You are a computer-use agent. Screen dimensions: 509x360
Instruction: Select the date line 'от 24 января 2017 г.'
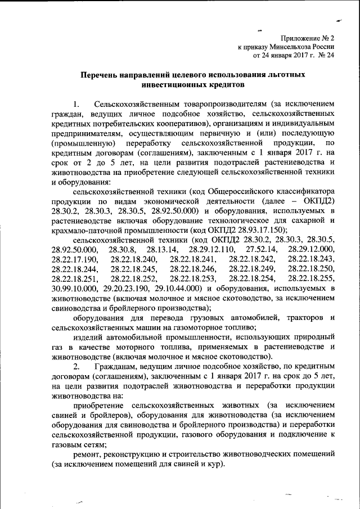click(285, 56)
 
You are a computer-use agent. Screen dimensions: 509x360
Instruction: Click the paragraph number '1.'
click(78, 105)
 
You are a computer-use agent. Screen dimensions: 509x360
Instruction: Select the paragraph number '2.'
click(78, 367)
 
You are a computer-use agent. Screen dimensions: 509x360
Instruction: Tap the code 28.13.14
click(161, 249)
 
